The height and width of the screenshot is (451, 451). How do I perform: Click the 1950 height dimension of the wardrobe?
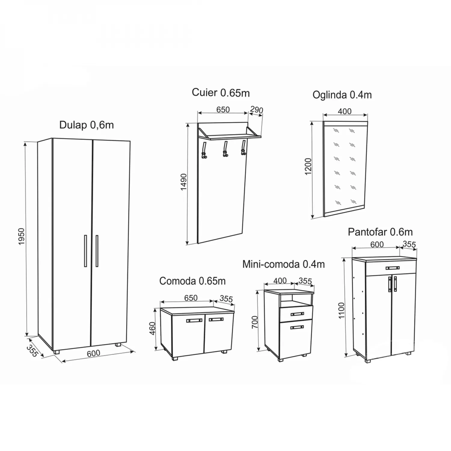point(21,236)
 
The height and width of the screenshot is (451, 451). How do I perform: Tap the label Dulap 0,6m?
point(87,125)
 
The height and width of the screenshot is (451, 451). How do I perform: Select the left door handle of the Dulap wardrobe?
point(85,251)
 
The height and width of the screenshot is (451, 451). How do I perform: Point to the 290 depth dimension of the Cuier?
point(256,110)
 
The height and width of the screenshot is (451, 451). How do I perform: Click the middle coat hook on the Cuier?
point(225,149)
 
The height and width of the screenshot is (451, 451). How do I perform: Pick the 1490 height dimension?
point(184,182)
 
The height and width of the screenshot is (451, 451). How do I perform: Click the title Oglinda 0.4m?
point(342,95)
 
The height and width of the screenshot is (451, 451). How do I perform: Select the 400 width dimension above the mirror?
point(345,111)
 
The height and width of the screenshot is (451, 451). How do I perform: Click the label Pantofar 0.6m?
point(380,232)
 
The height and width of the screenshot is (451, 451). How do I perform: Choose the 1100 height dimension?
point(341,311)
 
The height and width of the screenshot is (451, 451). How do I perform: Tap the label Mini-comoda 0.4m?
point(284,264)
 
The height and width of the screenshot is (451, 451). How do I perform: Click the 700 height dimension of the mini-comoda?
point(255,322)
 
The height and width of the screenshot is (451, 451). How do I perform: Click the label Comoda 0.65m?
point(192,281)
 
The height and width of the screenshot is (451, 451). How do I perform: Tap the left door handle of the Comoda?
point(194,320)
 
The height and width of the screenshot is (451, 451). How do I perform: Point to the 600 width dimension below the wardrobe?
point(94,353)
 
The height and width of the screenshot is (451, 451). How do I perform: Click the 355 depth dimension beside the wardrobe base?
point(32,351)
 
